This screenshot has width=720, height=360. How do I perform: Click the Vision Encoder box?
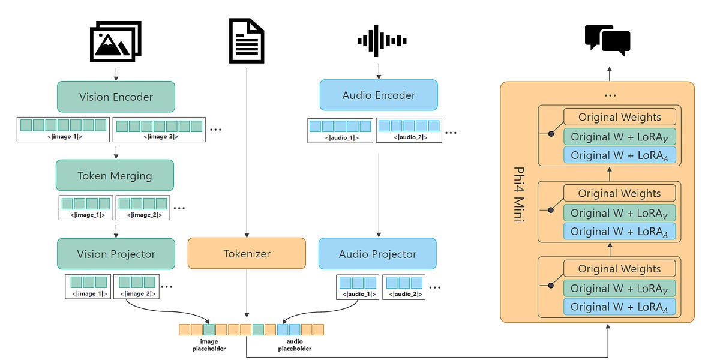coord(116,97)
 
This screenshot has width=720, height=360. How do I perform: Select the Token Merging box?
coord(115,175)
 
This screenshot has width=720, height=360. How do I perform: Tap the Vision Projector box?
coord(116,254)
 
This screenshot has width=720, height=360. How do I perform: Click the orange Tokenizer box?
coord(247,254)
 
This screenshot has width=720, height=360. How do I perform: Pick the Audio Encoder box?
coord(379,95)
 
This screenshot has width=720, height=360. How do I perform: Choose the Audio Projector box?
coord(377,254)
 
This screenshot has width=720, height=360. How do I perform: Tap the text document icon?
coord(247,41)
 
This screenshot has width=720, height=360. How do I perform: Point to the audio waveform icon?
coord(378,41)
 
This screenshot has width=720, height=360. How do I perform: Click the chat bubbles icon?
coord(607,40)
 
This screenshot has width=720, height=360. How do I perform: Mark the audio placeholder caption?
coord(295,345)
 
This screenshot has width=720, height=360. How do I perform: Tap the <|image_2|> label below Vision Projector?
coord(136,293)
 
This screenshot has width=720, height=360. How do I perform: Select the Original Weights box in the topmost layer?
coord(619,117)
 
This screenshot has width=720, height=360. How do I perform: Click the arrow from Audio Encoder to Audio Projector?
coord(379,192)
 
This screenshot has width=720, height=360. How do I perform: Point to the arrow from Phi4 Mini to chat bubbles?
coord(610,73)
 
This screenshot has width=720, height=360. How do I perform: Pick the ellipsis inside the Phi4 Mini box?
coord(610,95)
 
